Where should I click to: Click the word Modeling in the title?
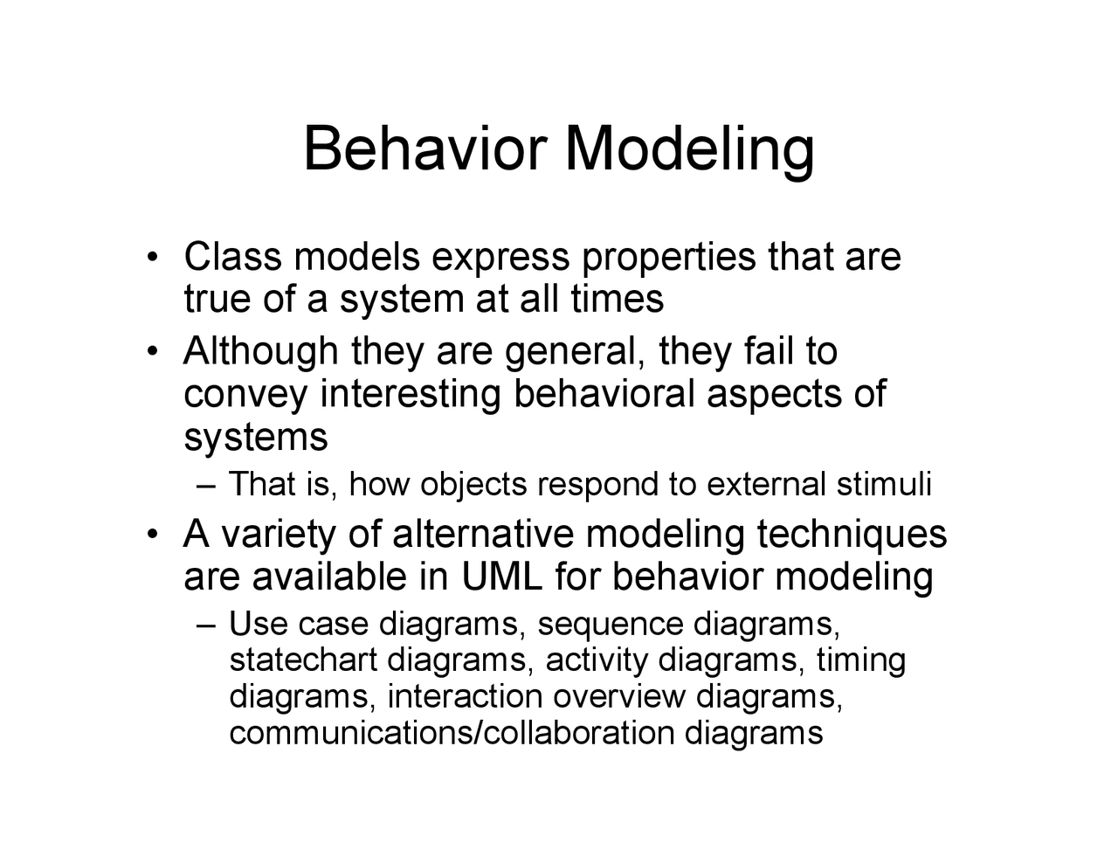click(690, 150)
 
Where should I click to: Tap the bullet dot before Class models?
click(153, 258)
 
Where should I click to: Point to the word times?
click(617, 299)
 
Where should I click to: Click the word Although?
click(260, 353)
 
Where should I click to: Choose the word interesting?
click(411, 395)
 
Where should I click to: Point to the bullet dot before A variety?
click(153, 535)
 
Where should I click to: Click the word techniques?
click(851, 535)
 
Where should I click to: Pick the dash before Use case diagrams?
click(206, 626)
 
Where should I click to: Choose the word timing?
click(860, 662)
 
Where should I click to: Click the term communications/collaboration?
click(452, 732)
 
